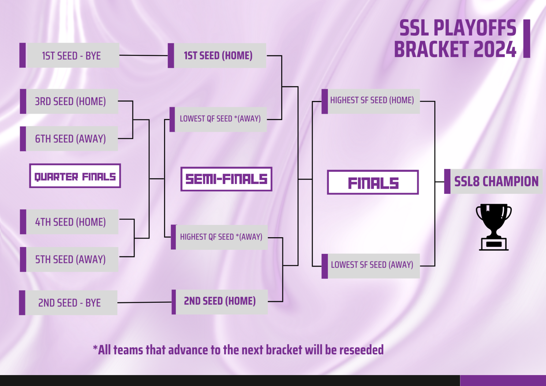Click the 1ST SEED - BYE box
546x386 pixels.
pyautogui.click(x=70, y=55)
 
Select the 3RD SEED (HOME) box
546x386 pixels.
pyautogui.click(x=69, y=101)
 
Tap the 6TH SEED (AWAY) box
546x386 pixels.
pyautogui.click(x=69, y=139)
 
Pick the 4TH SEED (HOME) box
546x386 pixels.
pyautogui.click(x=69, y=221)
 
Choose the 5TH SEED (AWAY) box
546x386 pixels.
pyautogui.click(x=69, y=259)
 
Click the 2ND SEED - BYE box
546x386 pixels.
pyautogui.click(x=68, y=302)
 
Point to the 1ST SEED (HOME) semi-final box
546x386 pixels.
pyautogui.click(x=217, y=55)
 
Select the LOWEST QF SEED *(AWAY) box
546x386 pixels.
pyautogui.click(x=218, y=119)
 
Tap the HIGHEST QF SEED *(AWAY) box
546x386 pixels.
pyautogui.click(x=219, y=237)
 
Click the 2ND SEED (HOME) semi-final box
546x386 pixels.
pyautogui.click(x=220, y=302)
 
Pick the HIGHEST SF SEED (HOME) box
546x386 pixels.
pyautogui.click(x=371, y=101)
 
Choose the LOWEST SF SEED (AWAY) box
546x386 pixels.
pyautogui.click(x=371, y=266)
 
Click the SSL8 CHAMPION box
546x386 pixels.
pyautogui.click(x=493, y=182)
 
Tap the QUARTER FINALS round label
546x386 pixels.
pyautogui.click(x=75, y=176)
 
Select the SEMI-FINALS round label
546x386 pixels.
pyautogui.click(x=227, y=179)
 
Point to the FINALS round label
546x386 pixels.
pyautogui.click(x=373, y=182)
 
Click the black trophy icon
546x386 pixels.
pyautogui.click(x=494, y=227)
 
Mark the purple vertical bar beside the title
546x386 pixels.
pyautogui.click(x=527, y=39)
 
